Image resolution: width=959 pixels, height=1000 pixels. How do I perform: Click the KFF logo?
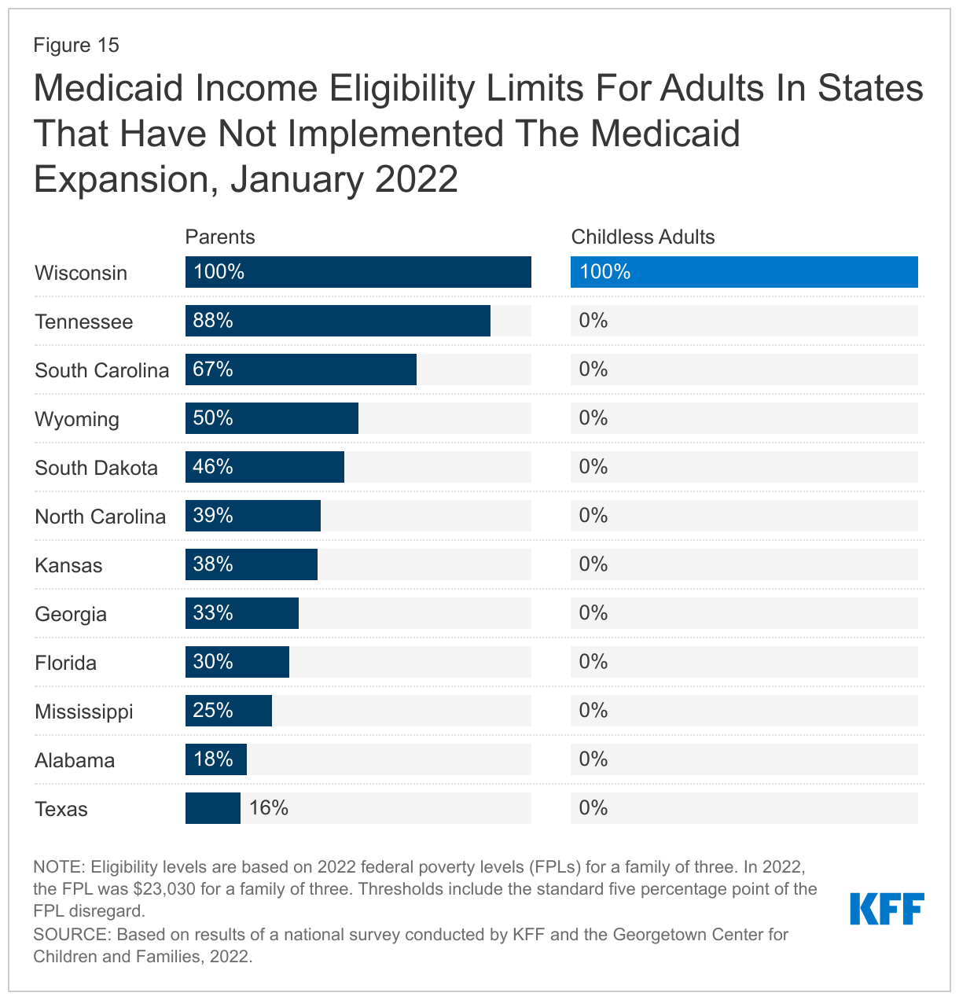tap(887, 908)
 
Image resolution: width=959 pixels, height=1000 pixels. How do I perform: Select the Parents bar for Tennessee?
tap(338, 321)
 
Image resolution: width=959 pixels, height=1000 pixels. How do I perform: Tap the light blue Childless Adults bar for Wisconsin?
tap(744, 272)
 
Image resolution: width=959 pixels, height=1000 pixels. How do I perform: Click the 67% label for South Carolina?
tap(213, 369)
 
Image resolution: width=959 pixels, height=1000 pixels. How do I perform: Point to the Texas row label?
tap(61, 809)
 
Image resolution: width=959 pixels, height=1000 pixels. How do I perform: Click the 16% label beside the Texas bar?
tap(269, 808)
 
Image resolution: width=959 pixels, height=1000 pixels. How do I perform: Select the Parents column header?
tap(220, 237)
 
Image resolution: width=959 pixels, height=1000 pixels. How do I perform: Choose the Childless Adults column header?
tap(643, 237)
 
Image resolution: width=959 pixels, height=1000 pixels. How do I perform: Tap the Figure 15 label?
tap(76, 45)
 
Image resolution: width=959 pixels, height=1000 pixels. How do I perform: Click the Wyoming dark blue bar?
tap(272, 418)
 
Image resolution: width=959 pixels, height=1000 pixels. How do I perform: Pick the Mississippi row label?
tap(84, 711)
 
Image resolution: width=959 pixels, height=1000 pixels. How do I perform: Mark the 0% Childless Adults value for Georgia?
tap(593, 613)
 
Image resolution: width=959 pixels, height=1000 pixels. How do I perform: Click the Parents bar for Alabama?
tap(216, 759)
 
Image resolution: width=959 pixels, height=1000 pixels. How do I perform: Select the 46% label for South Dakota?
tap(213, 467)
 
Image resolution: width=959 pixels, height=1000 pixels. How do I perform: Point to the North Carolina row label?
tap(101, 517)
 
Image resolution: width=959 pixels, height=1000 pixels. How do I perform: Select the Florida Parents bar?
tap(237, 662)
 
